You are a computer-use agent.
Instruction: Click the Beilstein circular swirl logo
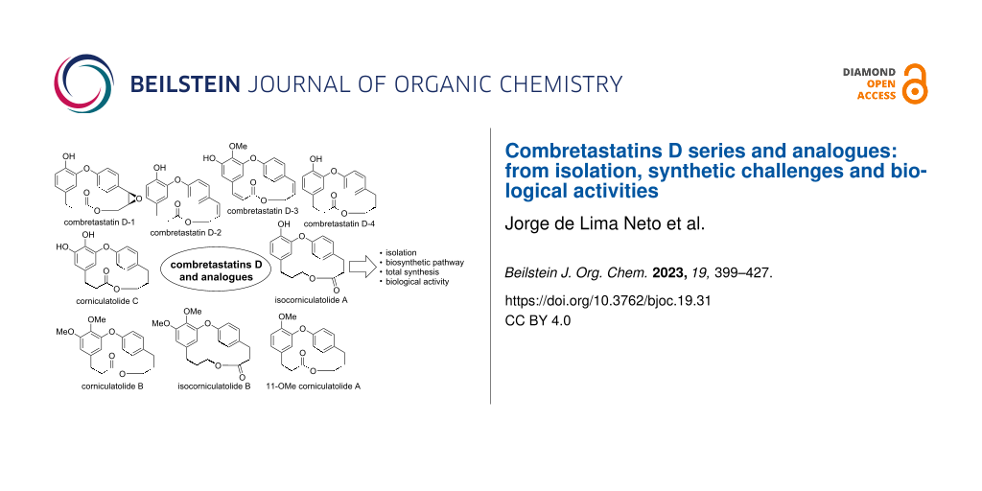tap(84, 84)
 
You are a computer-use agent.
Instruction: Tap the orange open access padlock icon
tap(915, 84)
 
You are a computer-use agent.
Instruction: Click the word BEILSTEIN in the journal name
tap(184, 84)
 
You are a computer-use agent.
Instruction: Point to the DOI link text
tap(607, 301)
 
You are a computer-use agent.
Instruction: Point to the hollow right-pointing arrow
tap(360, 269)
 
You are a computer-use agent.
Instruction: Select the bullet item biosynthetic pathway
tap(422, 263)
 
